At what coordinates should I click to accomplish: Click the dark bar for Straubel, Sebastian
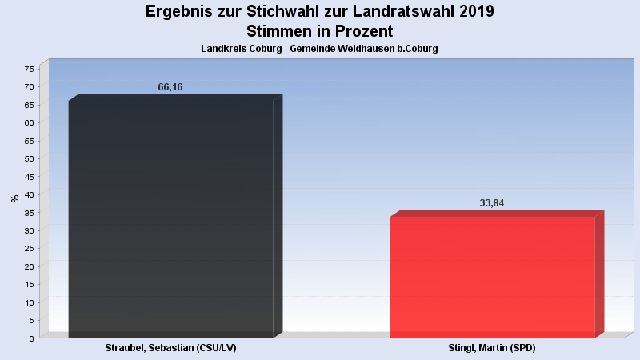coord(171,216)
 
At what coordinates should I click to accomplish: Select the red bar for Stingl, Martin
coord(492,276)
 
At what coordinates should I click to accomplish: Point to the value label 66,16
coord(170,87)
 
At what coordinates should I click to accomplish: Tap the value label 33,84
coord(492,203)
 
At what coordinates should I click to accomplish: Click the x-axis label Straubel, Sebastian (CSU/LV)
coord(171,349)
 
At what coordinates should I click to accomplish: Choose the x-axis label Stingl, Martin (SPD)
coord(492,349)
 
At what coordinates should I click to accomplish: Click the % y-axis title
coord(14,198)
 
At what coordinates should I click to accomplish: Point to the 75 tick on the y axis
coord(30,69)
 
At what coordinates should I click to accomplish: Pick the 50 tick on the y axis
coord(30,158)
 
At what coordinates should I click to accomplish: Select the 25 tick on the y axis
coord(30,249)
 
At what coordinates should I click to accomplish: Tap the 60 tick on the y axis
coord(30,122)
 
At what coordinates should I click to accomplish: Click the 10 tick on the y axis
coord(30,302)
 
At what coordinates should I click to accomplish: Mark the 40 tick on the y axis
coord(30,194)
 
